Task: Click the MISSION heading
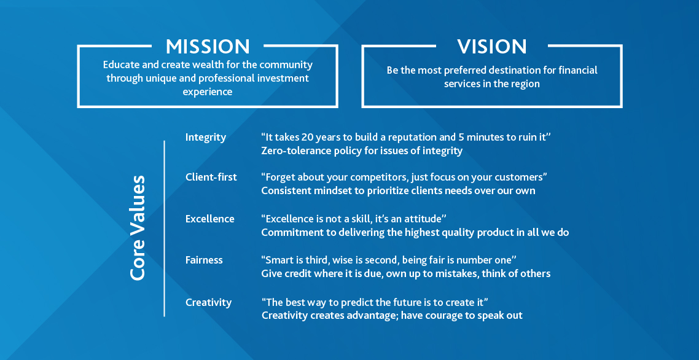point(208,47)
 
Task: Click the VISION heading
point(492,47)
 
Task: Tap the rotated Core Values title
point(138,228)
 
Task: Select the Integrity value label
point(206,138)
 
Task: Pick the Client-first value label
point(211,177)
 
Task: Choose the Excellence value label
point(209,219)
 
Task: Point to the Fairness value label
point(204,260)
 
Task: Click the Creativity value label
point(208,302)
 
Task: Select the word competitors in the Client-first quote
point(380,178)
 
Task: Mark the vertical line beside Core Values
point(164,229)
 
